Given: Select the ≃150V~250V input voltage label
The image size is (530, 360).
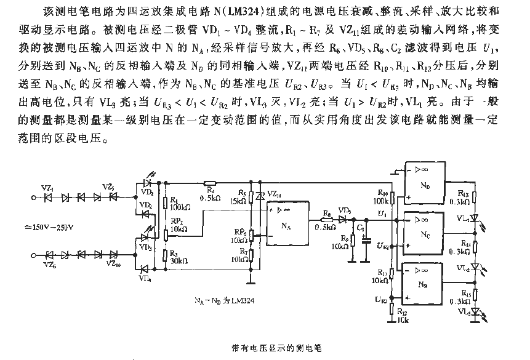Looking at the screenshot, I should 46,228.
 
